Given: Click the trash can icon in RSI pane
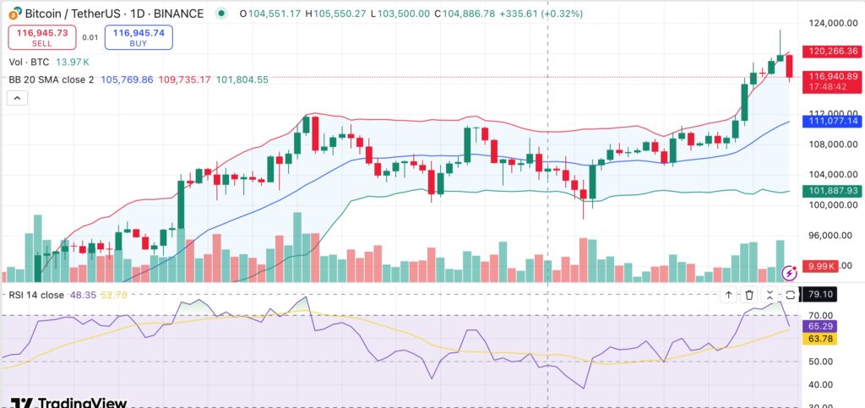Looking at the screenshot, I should point(749,295).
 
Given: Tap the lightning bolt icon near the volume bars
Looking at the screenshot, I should point(790,272).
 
